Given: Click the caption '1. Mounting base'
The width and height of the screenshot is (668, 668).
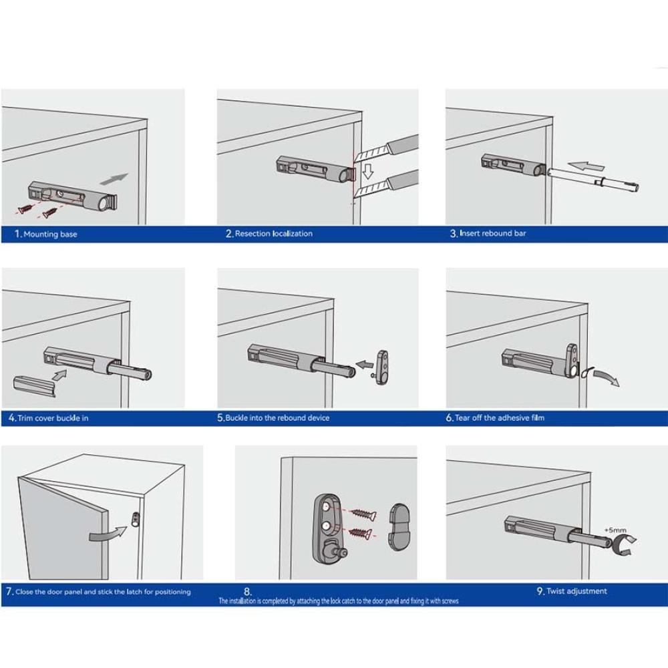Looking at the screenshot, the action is coord(46,234).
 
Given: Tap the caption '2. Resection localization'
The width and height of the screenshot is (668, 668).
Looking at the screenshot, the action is coord(269,233).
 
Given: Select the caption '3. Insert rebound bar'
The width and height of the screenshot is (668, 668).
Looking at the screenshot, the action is coord(488,233).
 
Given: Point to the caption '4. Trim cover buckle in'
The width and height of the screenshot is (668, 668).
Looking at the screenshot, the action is coord(49,418).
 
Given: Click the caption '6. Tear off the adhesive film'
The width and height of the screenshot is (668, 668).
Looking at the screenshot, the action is coord(495,418).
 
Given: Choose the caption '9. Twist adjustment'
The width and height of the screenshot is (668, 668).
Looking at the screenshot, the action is coord(572,591).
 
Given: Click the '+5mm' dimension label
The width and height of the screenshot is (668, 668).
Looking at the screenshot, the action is coord(615,530).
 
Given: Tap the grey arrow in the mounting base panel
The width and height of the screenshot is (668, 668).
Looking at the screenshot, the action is coord(114,179).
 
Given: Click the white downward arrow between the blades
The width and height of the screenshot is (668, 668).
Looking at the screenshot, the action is coord(367,171).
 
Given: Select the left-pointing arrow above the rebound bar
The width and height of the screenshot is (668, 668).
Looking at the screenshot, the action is coord(587,166).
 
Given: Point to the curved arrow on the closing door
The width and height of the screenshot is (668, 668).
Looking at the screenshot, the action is coord(108,533).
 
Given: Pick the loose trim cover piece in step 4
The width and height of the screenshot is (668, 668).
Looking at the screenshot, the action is coord(35,386).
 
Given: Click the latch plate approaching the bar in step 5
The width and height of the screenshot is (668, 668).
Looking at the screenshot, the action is coord(381,367).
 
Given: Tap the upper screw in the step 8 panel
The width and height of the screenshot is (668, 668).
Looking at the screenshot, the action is coord(363,514).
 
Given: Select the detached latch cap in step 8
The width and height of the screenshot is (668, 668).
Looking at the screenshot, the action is coord(399,527).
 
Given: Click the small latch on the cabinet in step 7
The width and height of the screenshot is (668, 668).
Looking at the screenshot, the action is coord(136,519).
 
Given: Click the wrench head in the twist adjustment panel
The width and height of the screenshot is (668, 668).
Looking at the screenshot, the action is coord(621,545).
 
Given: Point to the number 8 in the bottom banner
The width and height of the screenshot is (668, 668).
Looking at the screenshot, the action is coord(247,591).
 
